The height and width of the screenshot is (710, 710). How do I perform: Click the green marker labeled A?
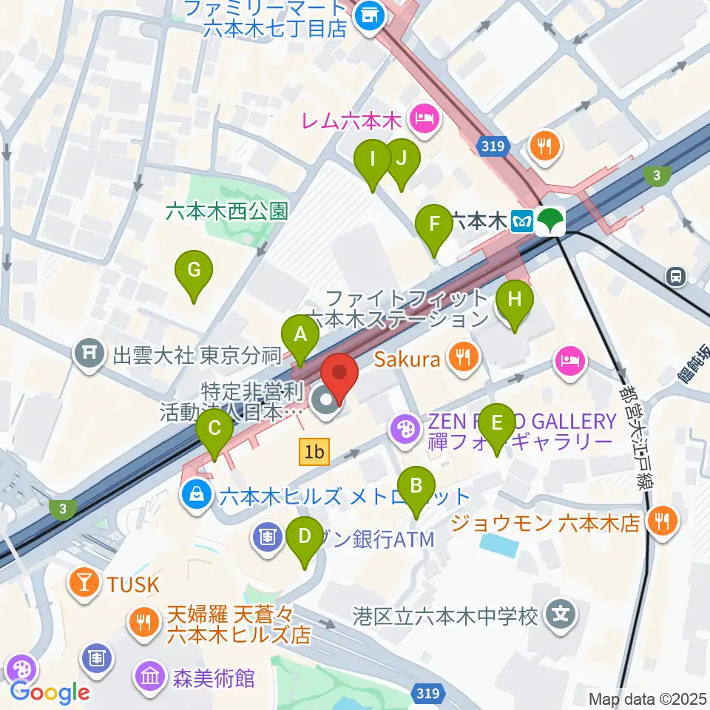pyautogui.click(x=300, y=334)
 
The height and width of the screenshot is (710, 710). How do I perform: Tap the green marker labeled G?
pyautogui.click(x=194, y=270)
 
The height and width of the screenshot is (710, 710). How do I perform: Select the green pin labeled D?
pyautogui.click(x=304, y=535)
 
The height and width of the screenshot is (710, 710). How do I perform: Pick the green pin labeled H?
pyautogui.click(x=513, y=300)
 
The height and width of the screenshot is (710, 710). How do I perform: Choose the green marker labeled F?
pyautogui.click(x=434, y=223)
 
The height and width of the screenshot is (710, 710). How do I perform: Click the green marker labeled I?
pyautogui.click(x=373, y=158)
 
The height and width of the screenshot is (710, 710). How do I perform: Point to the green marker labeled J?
pyautogui.click(x=402, y=158)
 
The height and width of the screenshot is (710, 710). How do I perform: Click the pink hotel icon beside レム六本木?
pyautogui.click(x=425, y=118)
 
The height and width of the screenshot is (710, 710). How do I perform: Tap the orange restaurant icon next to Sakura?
pyautogui.click(x=464, y=359)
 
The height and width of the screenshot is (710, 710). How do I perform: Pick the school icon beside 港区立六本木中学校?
pyautogui.click(x=561, y=615)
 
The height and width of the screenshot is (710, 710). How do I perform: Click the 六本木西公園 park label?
pyautogui.click(x=226, y=212)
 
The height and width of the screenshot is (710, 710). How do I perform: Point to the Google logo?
pyautogui.click(x=50, y=692)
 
